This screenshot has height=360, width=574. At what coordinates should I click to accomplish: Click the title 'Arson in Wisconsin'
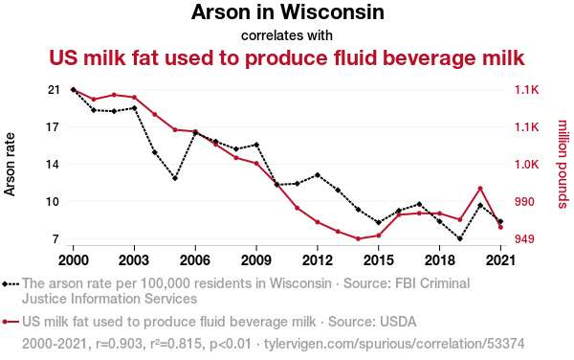(x=287, y=12)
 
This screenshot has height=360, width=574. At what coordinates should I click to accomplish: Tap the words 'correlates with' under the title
(x=287, y=35)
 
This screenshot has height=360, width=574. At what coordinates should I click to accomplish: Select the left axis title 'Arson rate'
(x=10, y=164)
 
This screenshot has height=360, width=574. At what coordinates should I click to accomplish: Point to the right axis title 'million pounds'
(x=563, y=164)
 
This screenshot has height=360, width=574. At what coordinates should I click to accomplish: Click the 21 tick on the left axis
(x=54, y=90)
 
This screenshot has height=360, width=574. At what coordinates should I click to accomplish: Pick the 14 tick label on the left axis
(x=54, y=165)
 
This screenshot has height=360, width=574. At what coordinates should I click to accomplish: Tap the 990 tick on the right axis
(x=524, y=202)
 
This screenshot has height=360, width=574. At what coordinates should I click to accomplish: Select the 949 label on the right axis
(x=524, y=239)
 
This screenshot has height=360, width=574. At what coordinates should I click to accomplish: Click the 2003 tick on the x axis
(x=134, y=260)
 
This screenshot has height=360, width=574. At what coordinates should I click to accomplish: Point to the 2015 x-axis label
(x=379, y=260)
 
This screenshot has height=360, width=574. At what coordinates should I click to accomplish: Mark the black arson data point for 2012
(x=318, y=175)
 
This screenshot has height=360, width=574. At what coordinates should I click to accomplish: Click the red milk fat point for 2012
(x=318, y=222)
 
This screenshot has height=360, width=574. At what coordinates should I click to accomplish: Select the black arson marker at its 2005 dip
(x=175, y=178)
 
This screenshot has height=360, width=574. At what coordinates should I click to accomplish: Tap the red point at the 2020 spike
(x=480, y=189)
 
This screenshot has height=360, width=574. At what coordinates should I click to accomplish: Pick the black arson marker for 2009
(x=256, y=145)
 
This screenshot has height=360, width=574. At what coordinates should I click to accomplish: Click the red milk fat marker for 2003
(x=134, y=98)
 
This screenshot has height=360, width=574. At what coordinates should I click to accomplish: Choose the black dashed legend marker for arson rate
(x=11, y=283)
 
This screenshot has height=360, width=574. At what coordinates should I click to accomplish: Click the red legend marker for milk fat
(x=11, y=322)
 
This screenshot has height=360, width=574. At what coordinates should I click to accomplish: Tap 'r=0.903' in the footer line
(x=119, y=344)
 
